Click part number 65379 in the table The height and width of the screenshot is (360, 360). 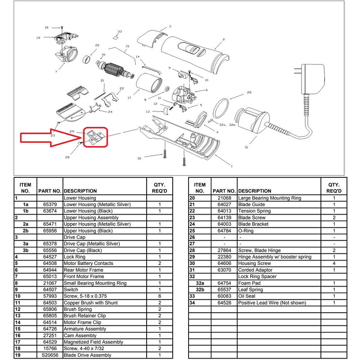point(49,204)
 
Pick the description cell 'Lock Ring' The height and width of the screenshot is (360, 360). point(75,257)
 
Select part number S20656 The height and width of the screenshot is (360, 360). point(49,355)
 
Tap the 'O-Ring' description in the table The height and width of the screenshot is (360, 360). point(247,230)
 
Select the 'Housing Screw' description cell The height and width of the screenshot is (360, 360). point(255,263)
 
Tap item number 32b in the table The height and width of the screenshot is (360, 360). point(200,290)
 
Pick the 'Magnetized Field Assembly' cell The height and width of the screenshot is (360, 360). point(93,342)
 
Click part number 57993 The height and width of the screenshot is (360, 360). point(49,296)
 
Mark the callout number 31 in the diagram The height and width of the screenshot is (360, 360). point(246,148)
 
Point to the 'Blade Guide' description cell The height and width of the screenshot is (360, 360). point(252,204)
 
